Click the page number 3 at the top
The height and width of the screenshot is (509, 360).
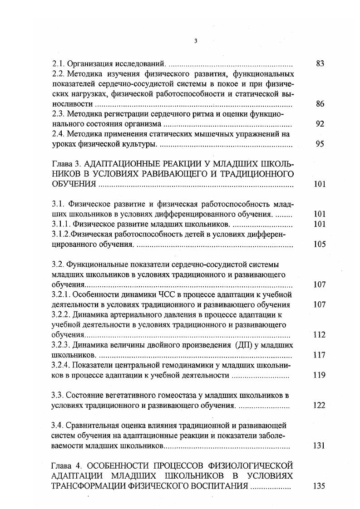pyautogui.click(x=195, y=41)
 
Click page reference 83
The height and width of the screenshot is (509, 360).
pyautogui.click(x=320, y=64)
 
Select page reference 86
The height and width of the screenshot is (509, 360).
pyautogui.click(x=320, y=104)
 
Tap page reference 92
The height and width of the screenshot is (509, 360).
pyautogui.click(x=320, y=124)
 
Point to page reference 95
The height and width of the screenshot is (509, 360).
pyautogui.click(x=320, y=144)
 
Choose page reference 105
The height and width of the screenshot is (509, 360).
pyautogui.click(x=320, y=244)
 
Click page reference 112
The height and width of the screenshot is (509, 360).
pyautogui.click(x=320, y=335)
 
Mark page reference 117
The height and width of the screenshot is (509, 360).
pyautogui.click(x=320, y=355)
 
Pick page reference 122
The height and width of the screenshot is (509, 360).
pyautogui.click(x=320, y=405)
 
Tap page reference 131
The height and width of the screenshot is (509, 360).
pyautogui.click(x=320, y=445)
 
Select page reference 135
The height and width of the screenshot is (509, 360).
pyautogui.click(x=320, y=486)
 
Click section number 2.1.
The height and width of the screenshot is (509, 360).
pyautogui.click(x=59, y=64)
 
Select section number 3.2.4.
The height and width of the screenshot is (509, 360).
pyautogui.click(x=62, y=365)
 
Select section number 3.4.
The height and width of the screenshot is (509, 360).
pyautogui.click(x=58, y=426)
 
